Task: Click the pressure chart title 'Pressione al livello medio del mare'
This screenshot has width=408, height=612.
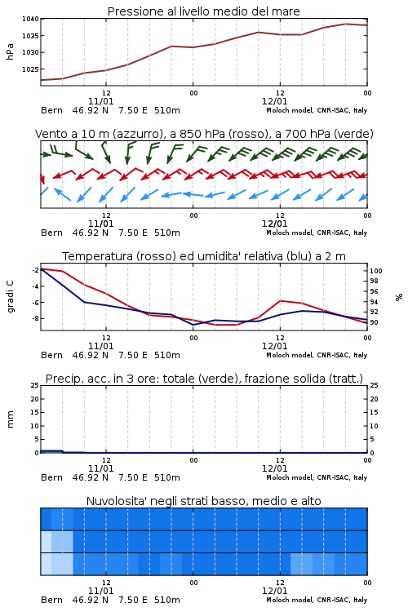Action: click(x=203, y=11)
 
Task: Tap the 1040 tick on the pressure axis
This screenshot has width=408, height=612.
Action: click(x=30, y=19)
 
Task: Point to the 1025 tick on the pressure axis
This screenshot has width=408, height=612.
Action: click(x=30, y=69)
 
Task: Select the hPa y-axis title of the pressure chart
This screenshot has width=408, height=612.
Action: click(x=10, y=51)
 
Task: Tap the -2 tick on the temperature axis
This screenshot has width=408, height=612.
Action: click(x=35, y=270)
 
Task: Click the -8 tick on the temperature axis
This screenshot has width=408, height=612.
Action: click(x=35, y=318)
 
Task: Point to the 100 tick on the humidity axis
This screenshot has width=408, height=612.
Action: click(x=376, y=271)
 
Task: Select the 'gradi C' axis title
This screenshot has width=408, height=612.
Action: click(x=10, y=296)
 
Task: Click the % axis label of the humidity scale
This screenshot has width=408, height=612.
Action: click(x=399, y=297)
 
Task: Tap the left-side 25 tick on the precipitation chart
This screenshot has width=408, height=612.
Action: click(x=35, y=385)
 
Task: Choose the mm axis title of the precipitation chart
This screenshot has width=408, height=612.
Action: click(x=10, y=419)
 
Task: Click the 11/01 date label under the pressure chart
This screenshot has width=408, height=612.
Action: click(x=100, y=101)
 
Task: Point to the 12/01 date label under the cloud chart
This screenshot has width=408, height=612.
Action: click(x=274, y=591)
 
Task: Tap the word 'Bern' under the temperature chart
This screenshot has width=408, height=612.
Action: click(x=51, y=355)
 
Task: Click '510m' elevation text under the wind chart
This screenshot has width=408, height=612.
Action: click(x=167, y=233)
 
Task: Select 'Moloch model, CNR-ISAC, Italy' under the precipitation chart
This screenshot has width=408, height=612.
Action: click(x=317, y=477)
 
